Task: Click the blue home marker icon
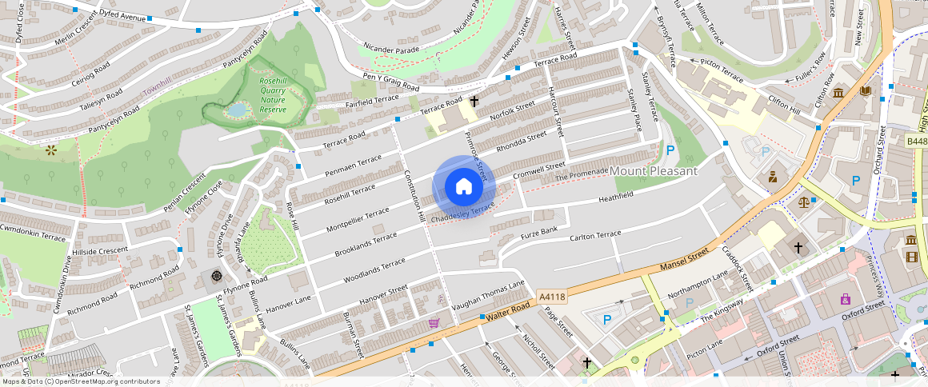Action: pyautogui.click(x=464, y=187)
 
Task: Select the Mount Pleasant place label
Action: pyautogui.click(x=654, y=171)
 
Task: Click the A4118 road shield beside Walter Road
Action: pyautogui.click(x=552, y=297)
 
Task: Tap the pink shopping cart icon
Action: pyautogui.click(x=434, y=323)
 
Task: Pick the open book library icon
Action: pyautogui.click(x=865, y=92)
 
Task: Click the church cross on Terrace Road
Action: pyautogui.click(x=474, y=102)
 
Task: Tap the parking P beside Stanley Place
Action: pyautogui.click(x=670, y=150)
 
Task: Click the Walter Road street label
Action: pyautogui.click(x=506, y=313)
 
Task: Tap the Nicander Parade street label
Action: pyautogui.click(x=391, y=49)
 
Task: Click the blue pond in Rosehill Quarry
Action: pyautogui.click(x=237, y=110)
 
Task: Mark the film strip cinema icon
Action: pyautogui.click(x=912, y=257)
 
